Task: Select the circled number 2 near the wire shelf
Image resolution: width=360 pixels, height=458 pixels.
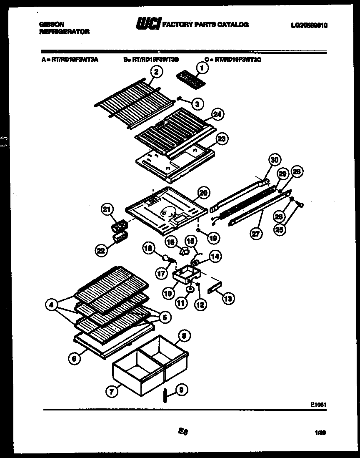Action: [x=155, y=72]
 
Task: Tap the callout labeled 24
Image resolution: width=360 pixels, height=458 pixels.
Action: [x=216, y=114]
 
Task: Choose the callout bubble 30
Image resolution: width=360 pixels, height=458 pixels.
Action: [x=274, y=160]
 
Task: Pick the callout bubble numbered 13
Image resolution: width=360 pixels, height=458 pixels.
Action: [x=228, y=298]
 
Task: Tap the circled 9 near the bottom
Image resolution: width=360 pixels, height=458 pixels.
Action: [x=181, y=390]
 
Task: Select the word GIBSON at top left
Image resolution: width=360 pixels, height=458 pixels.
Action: [x=49, y=25]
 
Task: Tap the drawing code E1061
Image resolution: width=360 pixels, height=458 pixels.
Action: [x=318, y=404]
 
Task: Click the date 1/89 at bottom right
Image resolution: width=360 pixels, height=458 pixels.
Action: [x=320, y=433]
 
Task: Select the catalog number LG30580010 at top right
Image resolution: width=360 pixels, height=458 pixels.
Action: [x=309, y=25]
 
